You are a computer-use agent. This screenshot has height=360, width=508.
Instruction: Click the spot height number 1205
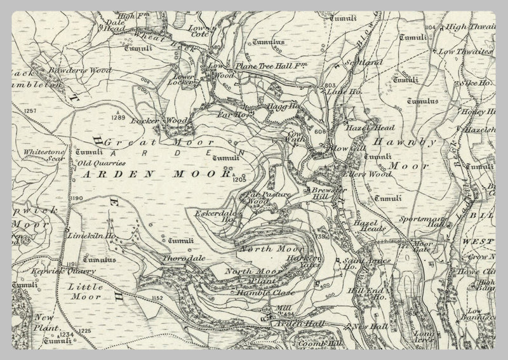click(239, 180)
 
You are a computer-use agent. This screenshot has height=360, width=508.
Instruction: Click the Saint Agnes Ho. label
click(360, 264)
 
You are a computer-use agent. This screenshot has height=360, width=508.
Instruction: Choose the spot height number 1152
click(157, 297)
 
